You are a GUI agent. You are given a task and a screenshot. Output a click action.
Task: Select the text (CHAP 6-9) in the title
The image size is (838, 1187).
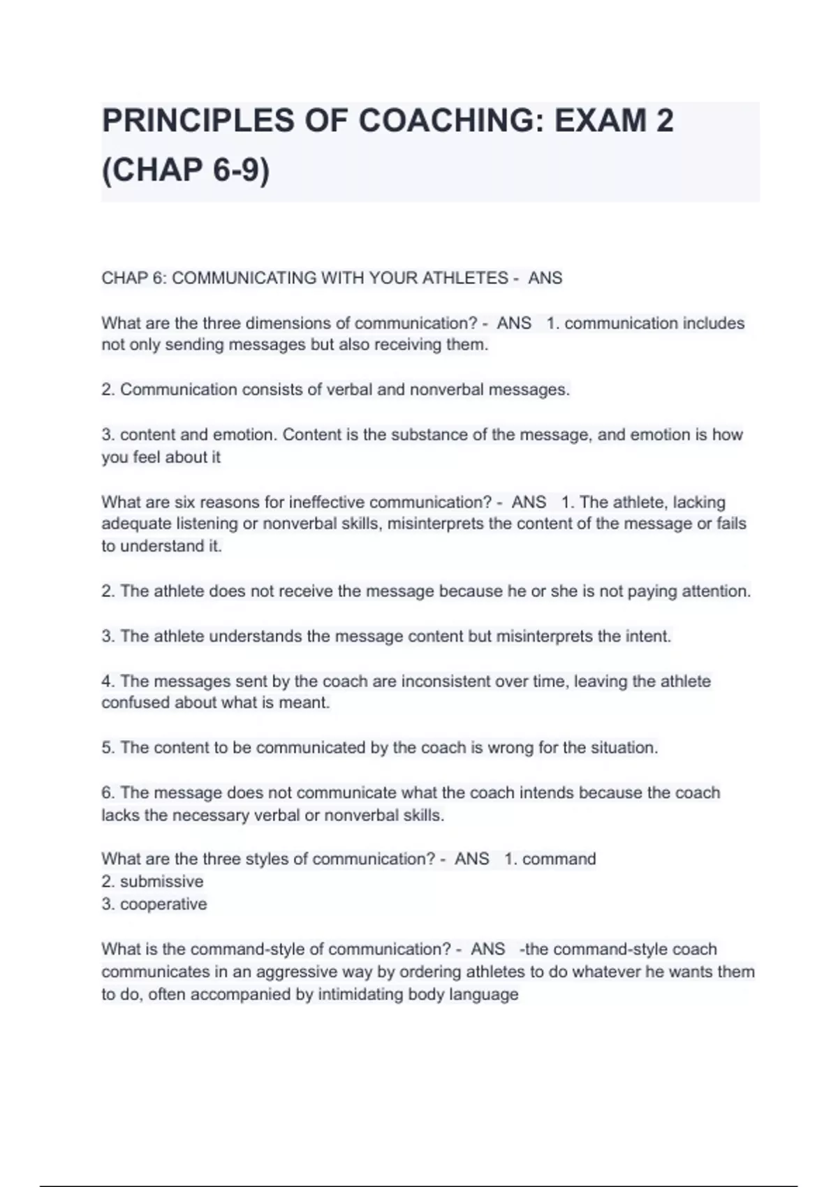click(x=186, y=170)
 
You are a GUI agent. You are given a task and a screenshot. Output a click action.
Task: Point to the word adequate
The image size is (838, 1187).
click(x=136, y=524)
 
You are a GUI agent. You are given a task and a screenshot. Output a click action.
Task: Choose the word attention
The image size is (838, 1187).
click(x=715, y=591)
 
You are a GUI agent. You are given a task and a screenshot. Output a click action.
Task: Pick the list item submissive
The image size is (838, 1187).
click(x=161, y=882)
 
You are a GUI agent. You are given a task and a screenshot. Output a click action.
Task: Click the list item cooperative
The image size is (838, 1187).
click(x=163, y=904)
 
